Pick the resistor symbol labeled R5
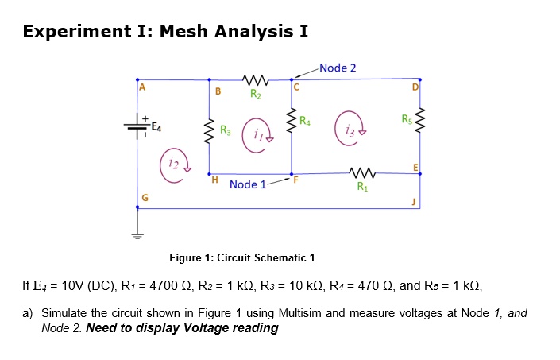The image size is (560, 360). coord(419,121)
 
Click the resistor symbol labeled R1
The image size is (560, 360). coord(361,174)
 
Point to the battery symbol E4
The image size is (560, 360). coord(137,126)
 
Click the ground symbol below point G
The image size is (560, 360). coord(137,235)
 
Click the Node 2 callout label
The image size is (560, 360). coord(338,68)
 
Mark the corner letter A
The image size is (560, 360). coord(144,89)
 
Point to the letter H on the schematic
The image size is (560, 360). coord(214,180)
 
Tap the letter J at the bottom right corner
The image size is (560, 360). coord(414,202)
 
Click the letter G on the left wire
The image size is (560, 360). coord(144,197)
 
